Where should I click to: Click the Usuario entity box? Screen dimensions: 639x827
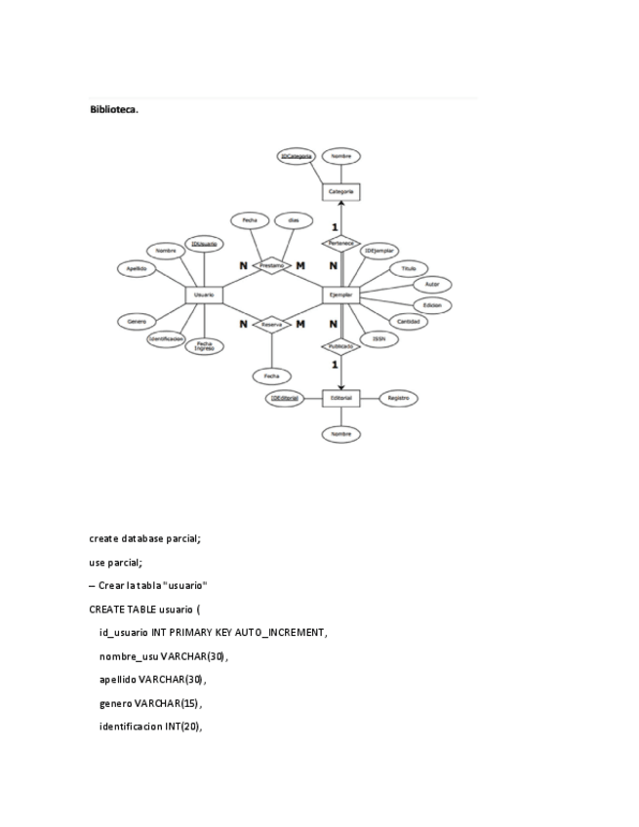pos(204,294)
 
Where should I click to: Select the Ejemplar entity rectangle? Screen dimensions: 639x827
pos(341,294)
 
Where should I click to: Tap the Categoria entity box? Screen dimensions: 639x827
pos(341,192)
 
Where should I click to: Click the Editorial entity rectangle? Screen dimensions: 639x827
pos(341,398)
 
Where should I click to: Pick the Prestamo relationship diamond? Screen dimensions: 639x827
pos(272,265)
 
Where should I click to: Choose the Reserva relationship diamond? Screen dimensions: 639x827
pos(272,324)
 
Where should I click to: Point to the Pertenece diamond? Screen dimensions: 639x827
pos(341,243)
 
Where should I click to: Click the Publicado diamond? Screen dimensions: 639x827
pos(341,345)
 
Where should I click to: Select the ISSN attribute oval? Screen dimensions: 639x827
pos(378,338)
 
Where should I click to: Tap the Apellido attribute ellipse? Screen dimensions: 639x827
pos(136,268)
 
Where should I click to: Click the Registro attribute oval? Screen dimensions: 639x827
pos(398,398)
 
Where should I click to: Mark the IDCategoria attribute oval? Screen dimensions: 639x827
pos(296,156)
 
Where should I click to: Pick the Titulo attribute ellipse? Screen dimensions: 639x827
pos(408,268)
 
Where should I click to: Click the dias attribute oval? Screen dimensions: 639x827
pos(293,220)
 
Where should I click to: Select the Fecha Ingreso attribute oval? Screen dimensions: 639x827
pos(205,345)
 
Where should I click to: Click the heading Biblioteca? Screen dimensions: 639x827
pos(114,110)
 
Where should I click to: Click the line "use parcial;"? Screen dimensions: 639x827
pos(116,563)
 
